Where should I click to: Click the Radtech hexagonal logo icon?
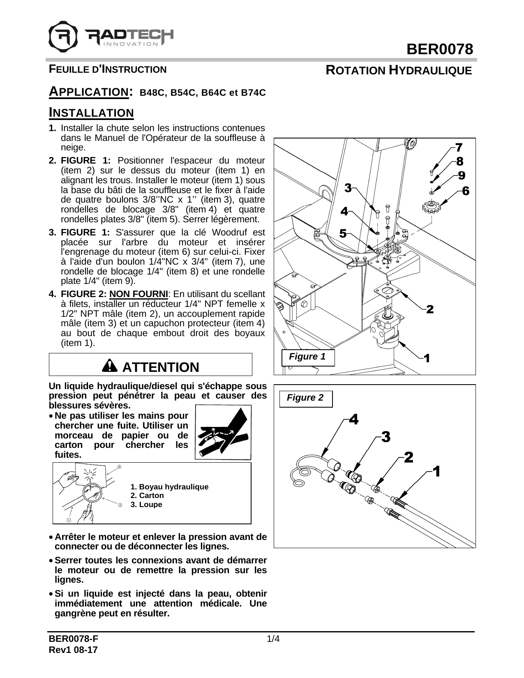[63, 35]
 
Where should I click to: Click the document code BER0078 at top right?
[440, 50]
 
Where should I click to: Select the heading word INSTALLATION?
[91, 113]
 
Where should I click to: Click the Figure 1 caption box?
[307, 357]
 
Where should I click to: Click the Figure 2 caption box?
[305, 398]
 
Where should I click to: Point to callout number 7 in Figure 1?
[459, 147]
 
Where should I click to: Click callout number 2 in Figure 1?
[430, 309]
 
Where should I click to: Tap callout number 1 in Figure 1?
[427, 358]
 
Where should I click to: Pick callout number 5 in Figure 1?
[343, 233]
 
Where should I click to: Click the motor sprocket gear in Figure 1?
[430, 206]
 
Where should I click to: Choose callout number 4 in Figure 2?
[353, 420]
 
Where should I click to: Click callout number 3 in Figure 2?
[385, 436]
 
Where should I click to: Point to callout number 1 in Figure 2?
[436, 471]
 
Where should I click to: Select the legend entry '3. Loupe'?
[146, 505]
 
